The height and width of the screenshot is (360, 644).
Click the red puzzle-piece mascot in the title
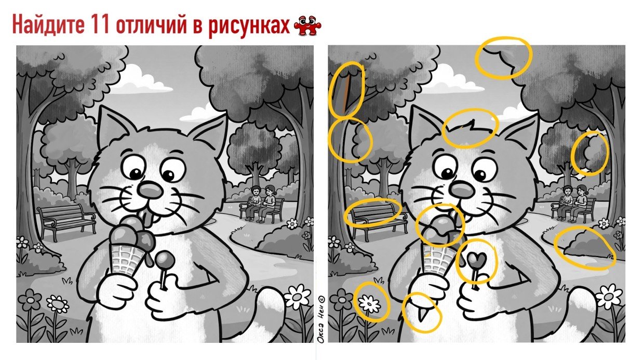click(x=307, y=25)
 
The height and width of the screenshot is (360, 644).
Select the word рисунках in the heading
click(x=249, y=26)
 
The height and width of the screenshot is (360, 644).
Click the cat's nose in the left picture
click(x=150, y=190)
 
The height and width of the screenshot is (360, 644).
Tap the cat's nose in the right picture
click(x=462, y=189)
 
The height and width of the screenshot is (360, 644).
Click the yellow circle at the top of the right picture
click(x=503, y=58)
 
